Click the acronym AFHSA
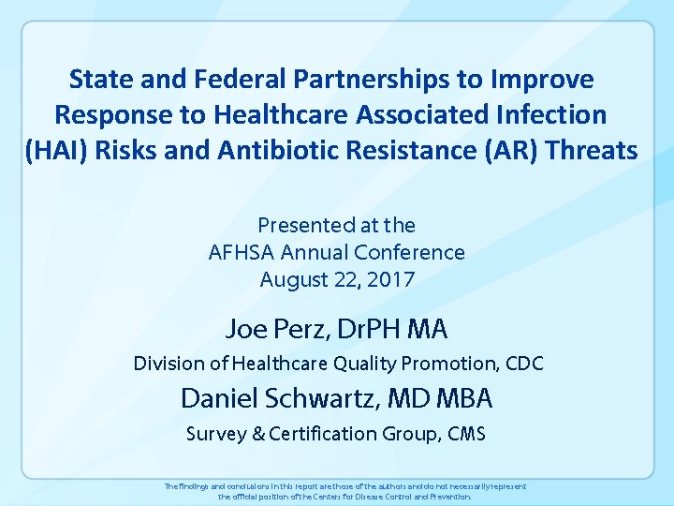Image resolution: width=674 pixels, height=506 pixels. pyautogui.click(x=240, y=252)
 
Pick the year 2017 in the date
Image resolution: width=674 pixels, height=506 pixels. pyautogui.click(x=392, y=279)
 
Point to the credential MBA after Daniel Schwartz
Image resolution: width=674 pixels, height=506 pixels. pyautogui.click(x=460, y=398)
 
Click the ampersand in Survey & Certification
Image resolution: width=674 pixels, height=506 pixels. pyautogui.click(x=254, y=433)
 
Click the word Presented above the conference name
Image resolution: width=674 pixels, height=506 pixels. pyautogui.click(x=301, y=225)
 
